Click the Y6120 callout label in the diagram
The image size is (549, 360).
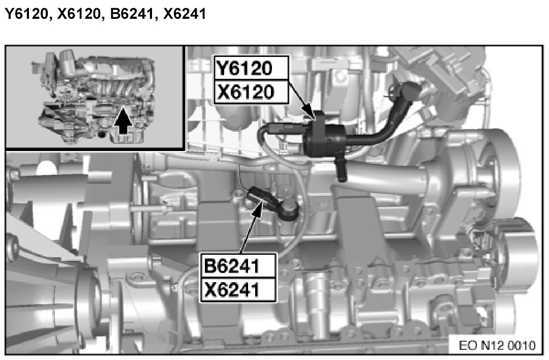[x=252, y=69]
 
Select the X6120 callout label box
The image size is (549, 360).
[x=252, y=93]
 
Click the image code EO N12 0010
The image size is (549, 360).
[x=497, y=345]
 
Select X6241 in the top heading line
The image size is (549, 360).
[x=185, y=14]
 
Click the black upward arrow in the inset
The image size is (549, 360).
[x=123, y=121]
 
